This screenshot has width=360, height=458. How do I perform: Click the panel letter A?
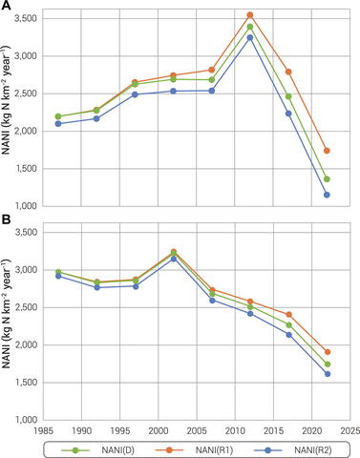(x=6, y=7)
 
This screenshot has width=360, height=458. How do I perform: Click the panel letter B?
(x=6, y=220)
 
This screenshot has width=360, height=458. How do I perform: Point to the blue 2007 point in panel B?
(x=239, y=300)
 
